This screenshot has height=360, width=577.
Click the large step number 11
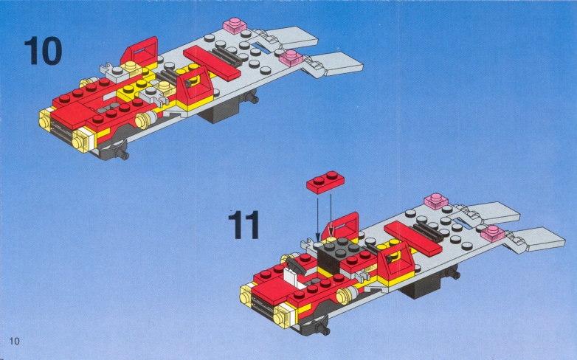(x=243, y=224)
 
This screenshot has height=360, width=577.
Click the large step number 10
(x=43, y=50)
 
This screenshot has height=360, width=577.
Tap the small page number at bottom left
(x=14, y=341)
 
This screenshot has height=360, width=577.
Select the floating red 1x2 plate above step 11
(x=325, y=181)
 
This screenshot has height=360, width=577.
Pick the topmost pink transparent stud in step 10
(x=235, y=25)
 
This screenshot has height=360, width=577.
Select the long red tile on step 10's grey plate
(x=212, y=63)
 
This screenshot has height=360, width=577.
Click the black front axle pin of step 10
(x=121, y=153)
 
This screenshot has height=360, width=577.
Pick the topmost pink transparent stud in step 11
(x=436, y=201)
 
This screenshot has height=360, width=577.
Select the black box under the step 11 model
(x=420, y=288)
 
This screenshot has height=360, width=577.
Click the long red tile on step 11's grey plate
(x=413, y=239)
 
